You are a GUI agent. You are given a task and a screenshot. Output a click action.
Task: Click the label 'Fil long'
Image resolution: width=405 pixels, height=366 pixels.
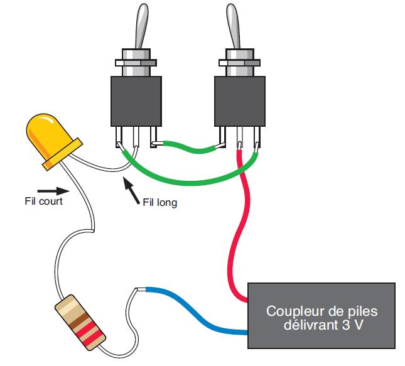point(159,203)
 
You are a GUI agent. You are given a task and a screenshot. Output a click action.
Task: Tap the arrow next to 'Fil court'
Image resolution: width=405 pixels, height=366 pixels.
point(51,190)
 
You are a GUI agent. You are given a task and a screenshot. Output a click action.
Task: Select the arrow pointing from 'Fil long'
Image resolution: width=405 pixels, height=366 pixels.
point(131,189)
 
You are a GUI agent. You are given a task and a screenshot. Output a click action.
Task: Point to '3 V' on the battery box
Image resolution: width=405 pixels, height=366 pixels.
point(352,326)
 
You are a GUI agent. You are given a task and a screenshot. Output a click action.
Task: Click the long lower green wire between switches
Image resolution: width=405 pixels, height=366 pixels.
point(188,181)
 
